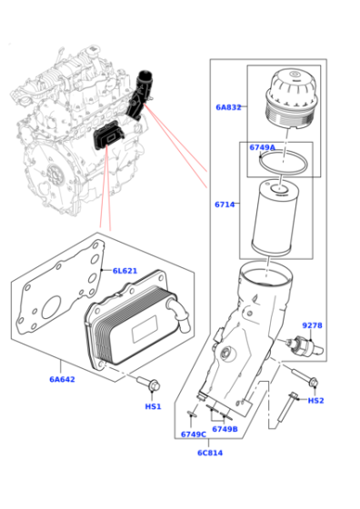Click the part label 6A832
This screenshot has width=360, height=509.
point(228,107)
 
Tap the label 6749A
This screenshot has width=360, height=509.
point(263,147)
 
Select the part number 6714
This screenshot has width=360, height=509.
point(225,205)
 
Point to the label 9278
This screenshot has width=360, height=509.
point(313,325)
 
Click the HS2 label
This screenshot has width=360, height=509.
point(315,401)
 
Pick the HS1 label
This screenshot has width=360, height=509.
point(153,406)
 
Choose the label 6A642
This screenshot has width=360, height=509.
point(62,379)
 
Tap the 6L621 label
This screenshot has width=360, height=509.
point(125,271)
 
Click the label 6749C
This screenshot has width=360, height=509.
point(194,434)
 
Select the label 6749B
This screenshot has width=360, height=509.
point(225,429)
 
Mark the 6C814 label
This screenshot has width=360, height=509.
point(210,453)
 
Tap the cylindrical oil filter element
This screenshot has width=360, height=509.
point(275,217)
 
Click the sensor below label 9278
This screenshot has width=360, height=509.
point(305,345)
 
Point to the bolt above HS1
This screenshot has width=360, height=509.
point(149,384)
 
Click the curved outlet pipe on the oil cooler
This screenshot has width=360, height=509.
point(179,314)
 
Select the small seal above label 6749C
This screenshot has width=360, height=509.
point(191,414)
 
